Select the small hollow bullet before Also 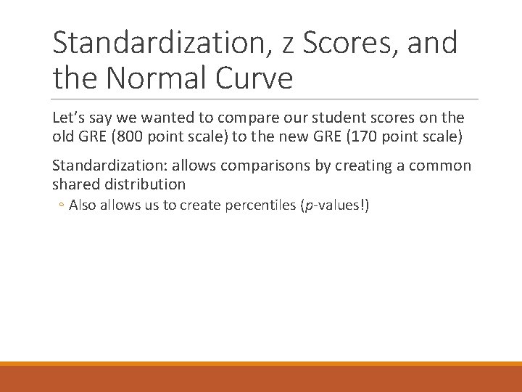pyautogui.click(x=62, y=206)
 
